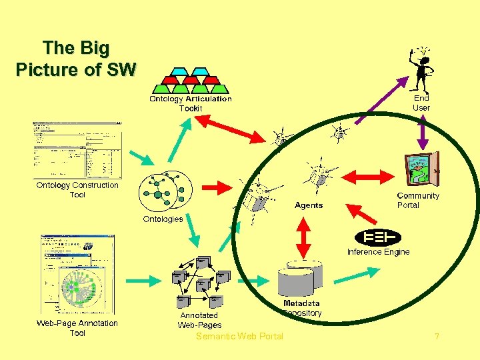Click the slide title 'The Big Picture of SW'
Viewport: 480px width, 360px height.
[x=75, y=59]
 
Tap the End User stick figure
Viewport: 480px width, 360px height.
[x=422, y=70]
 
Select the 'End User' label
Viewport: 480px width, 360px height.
[x=421, y=103]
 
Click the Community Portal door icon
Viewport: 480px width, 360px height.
[x=422, y=168]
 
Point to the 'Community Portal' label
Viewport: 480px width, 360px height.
[x=418, y=200]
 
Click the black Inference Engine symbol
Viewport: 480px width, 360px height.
[x=378, y=237]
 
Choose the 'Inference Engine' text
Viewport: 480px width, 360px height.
[x=378, y=252]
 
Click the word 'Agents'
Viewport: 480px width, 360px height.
[x=309, y=205]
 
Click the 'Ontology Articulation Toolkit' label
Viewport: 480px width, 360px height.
[x=190, y=103]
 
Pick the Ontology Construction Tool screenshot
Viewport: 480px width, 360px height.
[x=77, y=150]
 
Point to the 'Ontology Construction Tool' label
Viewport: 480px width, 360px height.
[x=77, y=190]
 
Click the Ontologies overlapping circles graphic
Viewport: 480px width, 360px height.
[x=165, y=191]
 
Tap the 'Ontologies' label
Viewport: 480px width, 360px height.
[x=163, y=219]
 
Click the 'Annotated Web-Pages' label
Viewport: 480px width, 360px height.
[x=199, y=320]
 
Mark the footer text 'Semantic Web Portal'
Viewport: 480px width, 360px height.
[x=239, y=336]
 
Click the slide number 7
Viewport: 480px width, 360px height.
[x=437, y=337]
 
